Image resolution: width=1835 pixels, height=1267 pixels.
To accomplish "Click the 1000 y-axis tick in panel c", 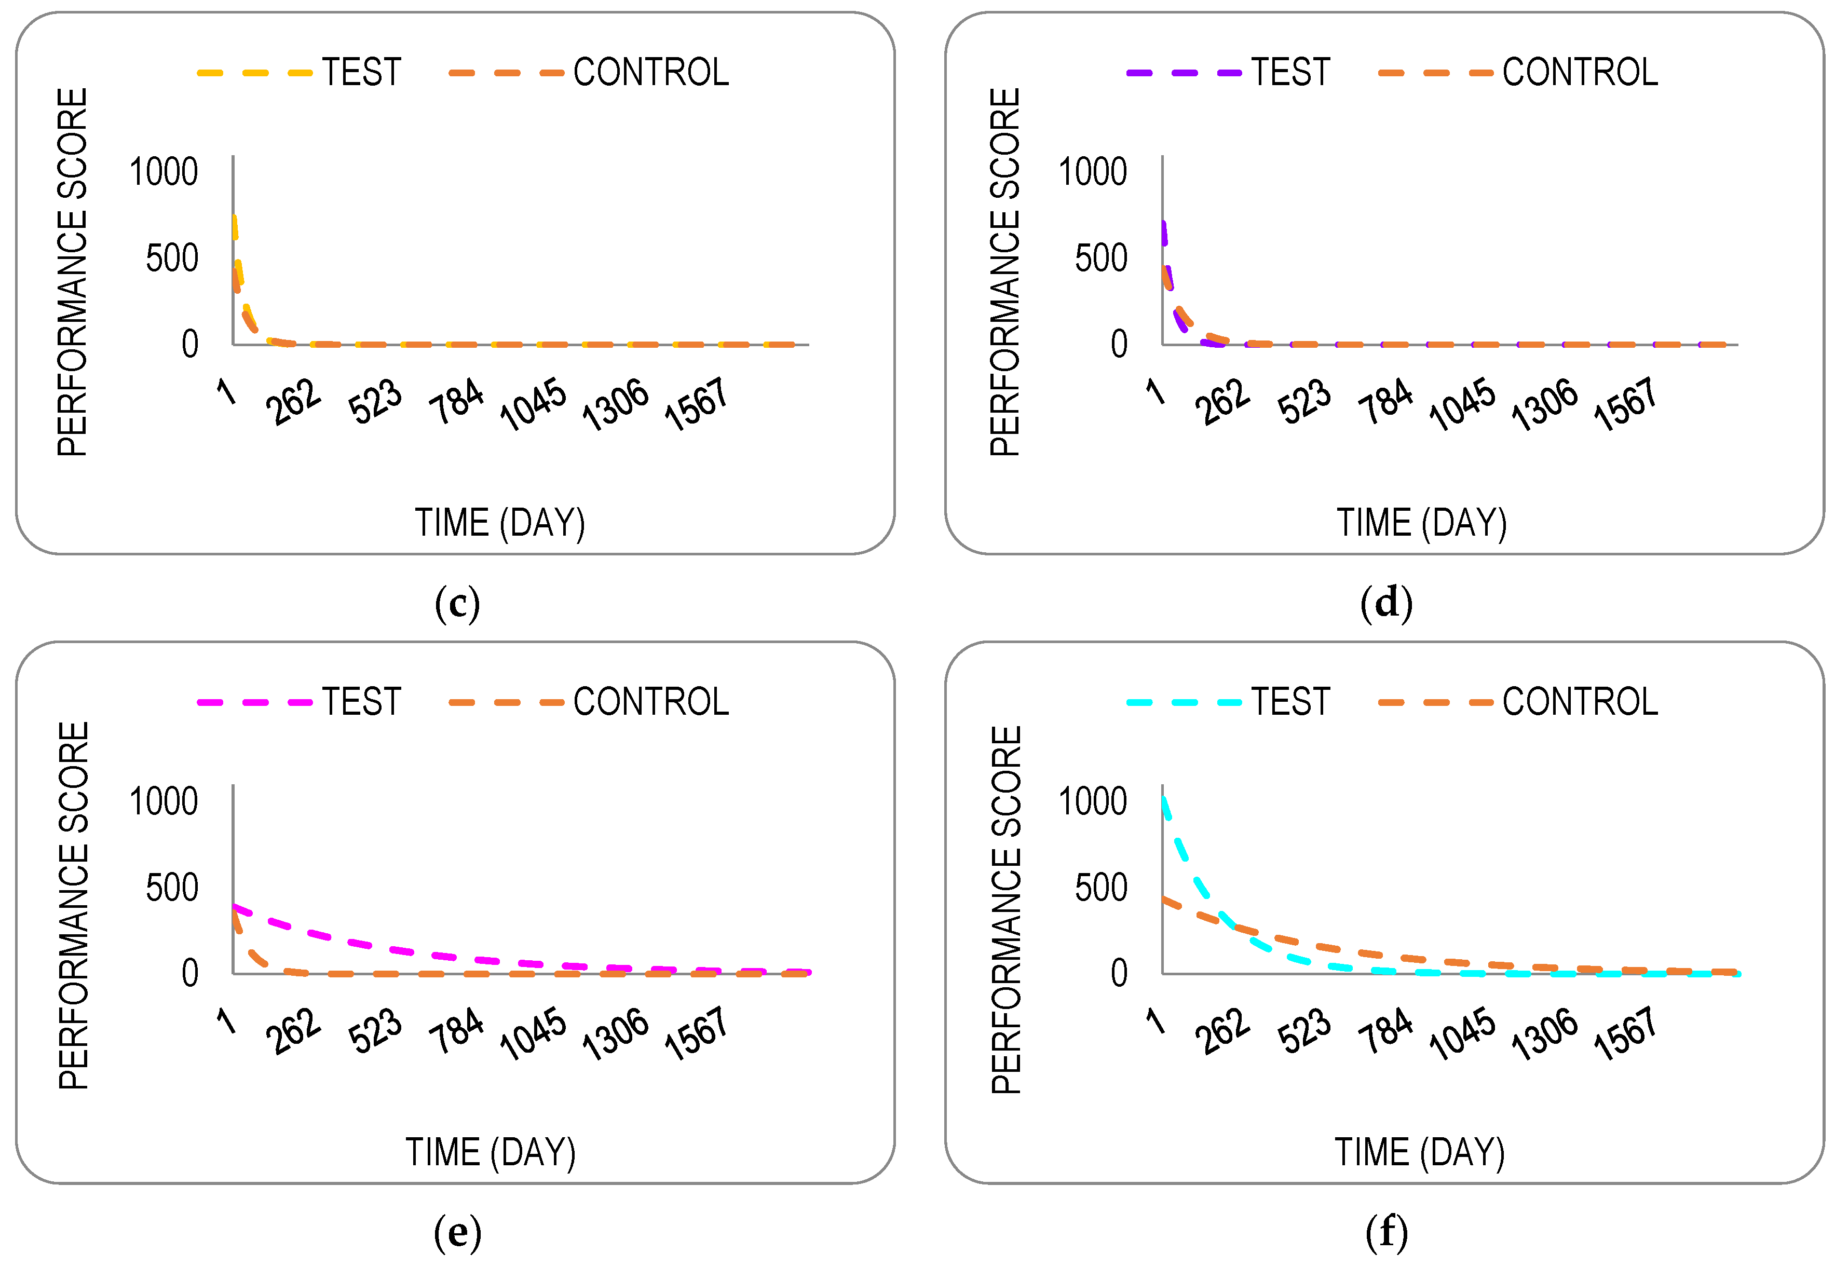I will (x=164, y=172).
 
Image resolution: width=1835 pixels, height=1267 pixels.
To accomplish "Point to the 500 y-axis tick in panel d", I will (x=1101, y=259).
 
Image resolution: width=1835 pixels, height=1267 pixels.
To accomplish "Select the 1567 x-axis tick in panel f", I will (x=1625, y=1033).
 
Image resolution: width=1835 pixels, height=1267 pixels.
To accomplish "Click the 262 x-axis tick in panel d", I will (x=1222, y=402).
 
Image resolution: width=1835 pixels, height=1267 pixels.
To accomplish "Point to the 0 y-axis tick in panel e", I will (x=189, y=973).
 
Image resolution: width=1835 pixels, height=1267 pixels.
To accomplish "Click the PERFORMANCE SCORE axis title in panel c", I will (x=72, y=273).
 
